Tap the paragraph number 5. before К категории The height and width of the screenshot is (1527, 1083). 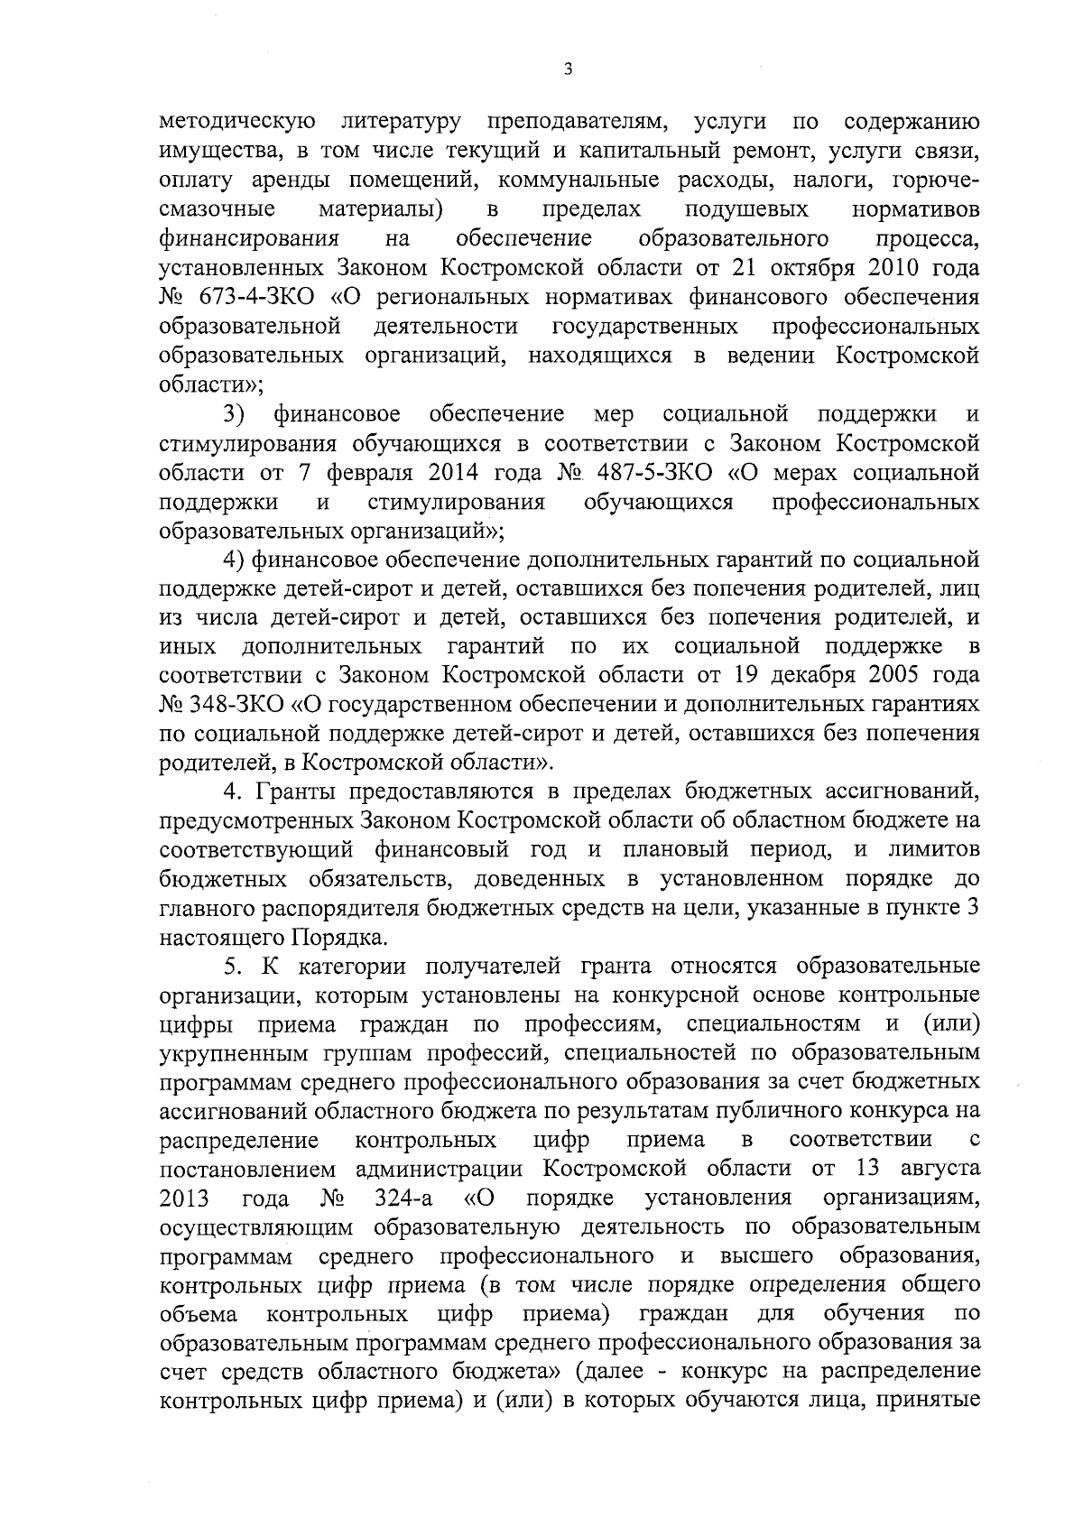234,966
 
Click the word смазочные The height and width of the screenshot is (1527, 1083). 218,209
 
